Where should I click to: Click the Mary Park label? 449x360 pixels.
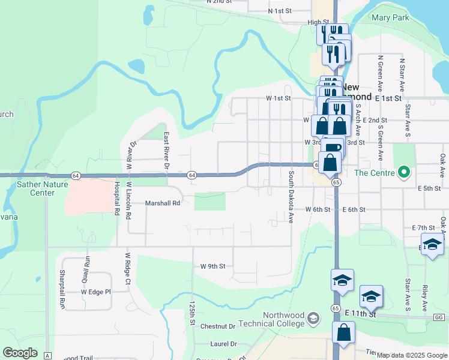[390, 17]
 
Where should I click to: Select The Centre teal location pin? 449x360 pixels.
[404, 173]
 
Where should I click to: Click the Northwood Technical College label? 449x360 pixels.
[283, 320]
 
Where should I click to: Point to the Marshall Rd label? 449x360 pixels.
[163, 203]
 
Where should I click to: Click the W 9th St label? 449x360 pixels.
[212, 266]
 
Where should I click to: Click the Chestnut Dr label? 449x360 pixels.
[218, 326]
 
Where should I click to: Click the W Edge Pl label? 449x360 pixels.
[96, 292]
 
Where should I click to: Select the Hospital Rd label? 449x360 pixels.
[114, 199]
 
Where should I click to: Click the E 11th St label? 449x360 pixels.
[360, 314]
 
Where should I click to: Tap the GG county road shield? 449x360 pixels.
[439, 317]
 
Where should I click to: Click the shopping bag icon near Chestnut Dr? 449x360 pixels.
[343, 334]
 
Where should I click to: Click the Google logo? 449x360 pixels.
[20, 353]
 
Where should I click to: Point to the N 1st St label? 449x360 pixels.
[280, 11]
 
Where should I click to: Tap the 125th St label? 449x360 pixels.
[193, 313]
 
